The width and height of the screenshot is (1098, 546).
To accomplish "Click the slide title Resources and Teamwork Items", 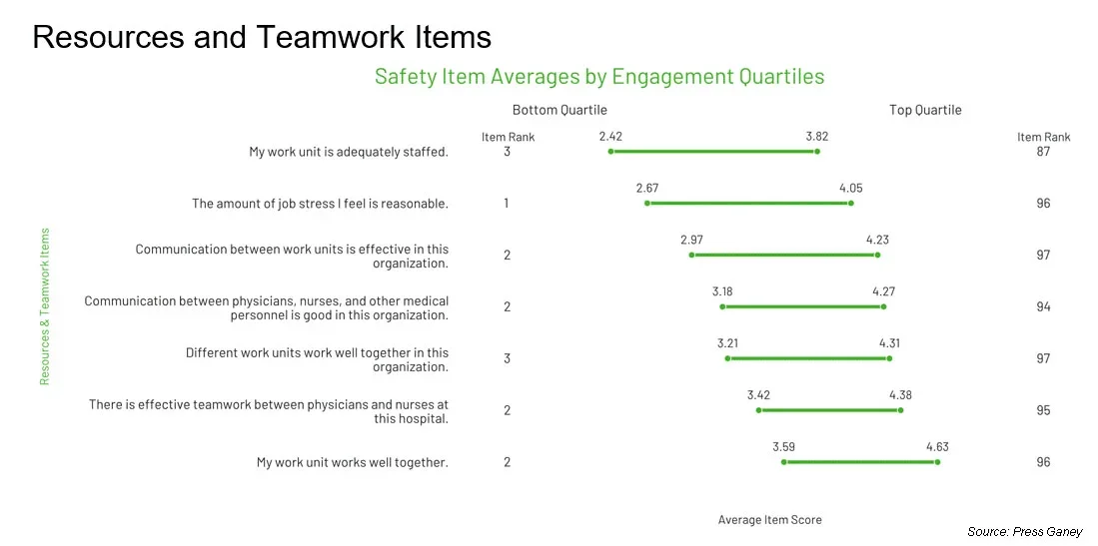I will (x=262, y=37).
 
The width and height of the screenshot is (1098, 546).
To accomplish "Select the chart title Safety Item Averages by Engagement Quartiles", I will (x=598, y=77).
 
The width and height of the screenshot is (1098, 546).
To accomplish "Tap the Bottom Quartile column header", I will (x=559, y=110).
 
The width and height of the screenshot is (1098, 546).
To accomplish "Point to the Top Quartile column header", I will (x=925, y=110).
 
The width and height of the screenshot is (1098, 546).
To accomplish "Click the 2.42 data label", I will (x=610, y=136).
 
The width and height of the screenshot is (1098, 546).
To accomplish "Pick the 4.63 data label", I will (x=937, y=446).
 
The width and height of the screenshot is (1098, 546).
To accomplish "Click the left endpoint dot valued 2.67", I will (x=647, y=204).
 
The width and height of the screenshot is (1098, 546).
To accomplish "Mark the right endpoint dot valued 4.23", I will (x=877, y=256).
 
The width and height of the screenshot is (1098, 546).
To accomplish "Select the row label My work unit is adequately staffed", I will (x=349, y=152).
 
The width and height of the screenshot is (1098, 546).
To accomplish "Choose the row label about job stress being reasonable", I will (x=320, y=204).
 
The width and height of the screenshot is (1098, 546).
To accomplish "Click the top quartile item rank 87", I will (x=1043, y=152).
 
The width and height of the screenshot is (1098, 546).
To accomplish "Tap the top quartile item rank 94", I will (x=1043, y=307).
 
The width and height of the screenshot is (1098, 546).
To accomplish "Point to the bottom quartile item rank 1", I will (x=507, y=204).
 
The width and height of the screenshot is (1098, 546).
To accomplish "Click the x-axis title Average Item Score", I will (x=769, y=520).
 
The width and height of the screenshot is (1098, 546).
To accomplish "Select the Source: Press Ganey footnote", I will (x=1024, y=532).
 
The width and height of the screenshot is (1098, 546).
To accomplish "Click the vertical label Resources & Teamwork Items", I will (x=45, y=306).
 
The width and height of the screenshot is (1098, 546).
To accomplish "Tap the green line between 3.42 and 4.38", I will (x=829, y=410).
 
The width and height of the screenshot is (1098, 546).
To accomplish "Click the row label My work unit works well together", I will (x=352, y=462).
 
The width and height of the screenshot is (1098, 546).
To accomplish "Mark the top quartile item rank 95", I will (x=1043, y=410).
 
